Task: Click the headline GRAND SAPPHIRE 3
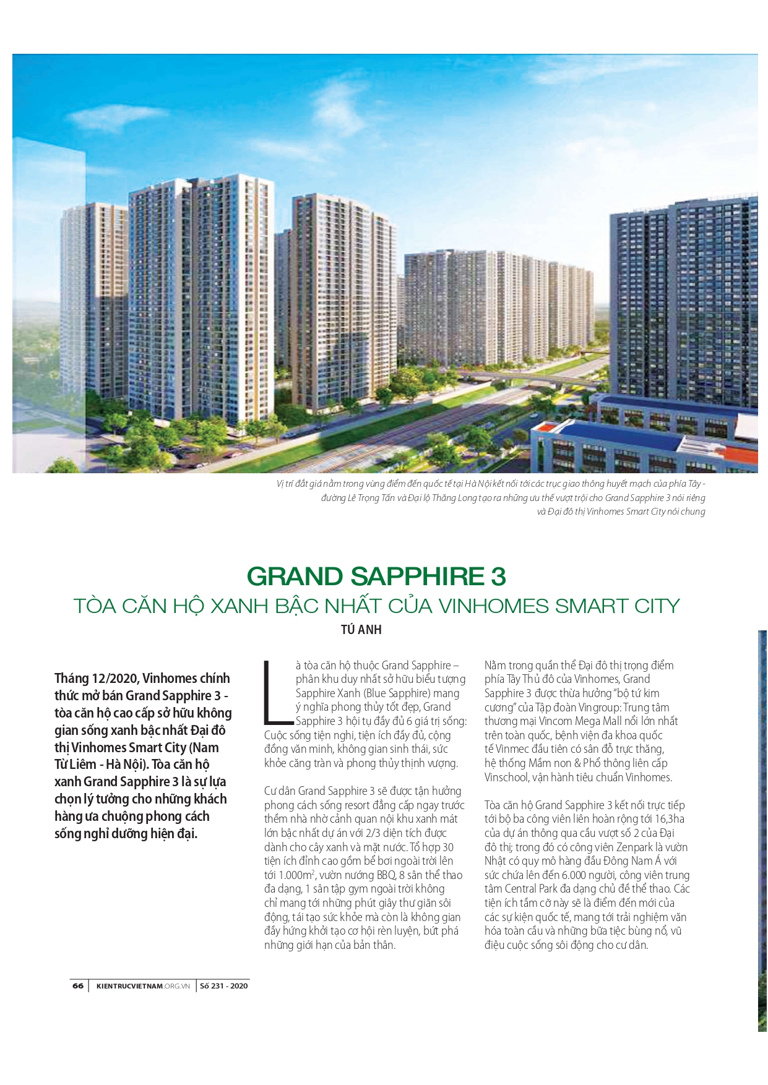click(376, 577)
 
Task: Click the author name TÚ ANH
click(361, 630)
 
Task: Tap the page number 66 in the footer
click(78, 986)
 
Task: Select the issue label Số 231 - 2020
click(223, 986)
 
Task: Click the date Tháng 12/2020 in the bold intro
click(96, 679)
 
